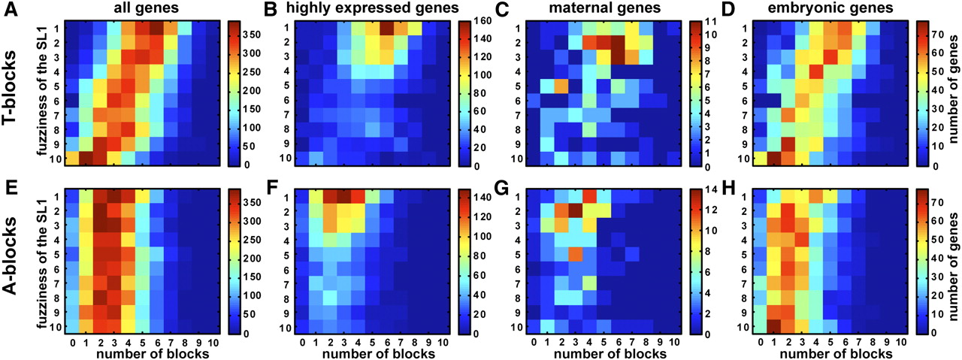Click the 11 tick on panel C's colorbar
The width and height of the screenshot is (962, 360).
710,21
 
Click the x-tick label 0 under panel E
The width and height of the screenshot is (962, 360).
71,343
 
